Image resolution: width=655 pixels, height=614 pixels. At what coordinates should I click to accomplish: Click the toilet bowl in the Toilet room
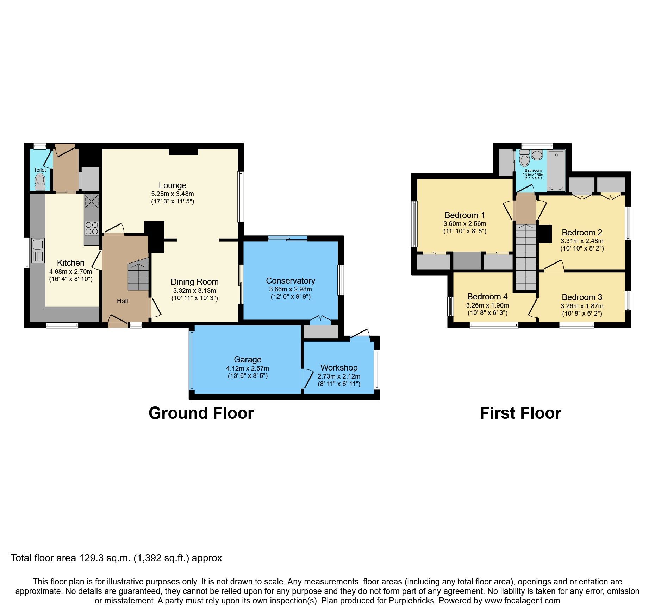(40, 181)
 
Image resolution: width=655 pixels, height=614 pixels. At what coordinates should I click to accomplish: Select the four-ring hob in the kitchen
(92, 228)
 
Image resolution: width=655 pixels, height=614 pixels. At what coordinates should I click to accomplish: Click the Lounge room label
(172, 185)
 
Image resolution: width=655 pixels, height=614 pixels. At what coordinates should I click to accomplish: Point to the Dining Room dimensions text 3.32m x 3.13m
(194, 291)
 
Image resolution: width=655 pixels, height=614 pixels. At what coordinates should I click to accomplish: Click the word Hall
(122, 301)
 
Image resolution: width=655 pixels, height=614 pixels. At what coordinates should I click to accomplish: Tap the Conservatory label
(290, 281)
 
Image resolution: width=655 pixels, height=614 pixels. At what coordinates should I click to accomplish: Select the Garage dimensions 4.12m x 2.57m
(247, 368)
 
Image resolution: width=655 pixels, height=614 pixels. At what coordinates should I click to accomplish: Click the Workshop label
(339, 368)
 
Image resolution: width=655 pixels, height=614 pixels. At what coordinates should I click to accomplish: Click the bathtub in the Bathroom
(556, 170)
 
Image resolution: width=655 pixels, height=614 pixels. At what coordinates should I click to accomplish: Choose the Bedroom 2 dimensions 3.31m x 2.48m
(582, 241)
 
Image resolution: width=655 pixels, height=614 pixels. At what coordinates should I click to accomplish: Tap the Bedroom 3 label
(582, 297)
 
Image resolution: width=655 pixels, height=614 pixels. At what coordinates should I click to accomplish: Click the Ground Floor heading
(201, 413)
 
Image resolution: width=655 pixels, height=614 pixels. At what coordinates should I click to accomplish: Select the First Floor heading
(520, 413)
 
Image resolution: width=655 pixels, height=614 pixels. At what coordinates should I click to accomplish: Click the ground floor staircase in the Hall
(138, 276)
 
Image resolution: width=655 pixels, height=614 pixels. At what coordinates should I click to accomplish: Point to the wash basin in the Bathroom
(537, 155)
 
